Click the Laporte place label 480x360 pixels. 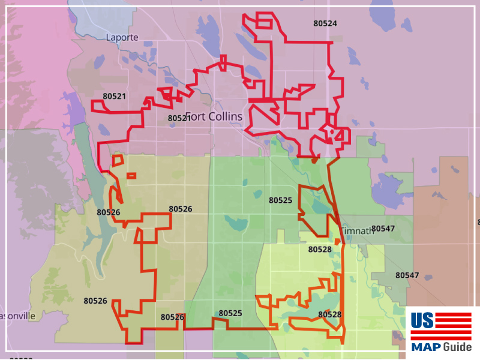[x=122, y=37]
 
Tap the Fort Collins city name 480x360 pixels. [x=214, y=116]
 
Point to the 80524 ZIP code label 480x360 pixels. [x=325, y=23]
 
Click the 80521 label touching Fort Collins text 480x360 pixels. [x=179, y=118]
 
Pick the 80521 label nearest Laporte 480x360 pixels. [x=114, y=96]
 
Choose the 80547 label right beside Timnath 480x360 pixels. [x=383, y=229]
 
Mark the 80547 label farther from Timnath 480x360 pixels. [x=407, y=275]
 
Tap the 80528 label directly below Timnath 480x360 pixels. [x=320, y=249]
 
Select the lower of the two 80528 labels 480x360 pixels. [x=329, y=314]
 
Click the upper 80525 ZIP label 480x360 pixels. [x=280, y=200]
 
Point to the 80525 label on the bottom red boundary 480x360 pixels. [x=230, y=313]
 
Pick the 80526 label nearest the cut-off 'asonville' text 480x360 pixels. [x=95, y=301]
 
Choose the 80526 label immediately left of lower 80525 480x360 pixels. [x=172, y=317]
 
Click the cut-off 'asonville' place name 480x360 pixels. [x=18, y=316]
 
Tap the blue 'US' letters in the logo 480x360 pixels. [x=422, y=321]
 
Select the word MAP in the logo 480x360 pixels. [x=425, y=347]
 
